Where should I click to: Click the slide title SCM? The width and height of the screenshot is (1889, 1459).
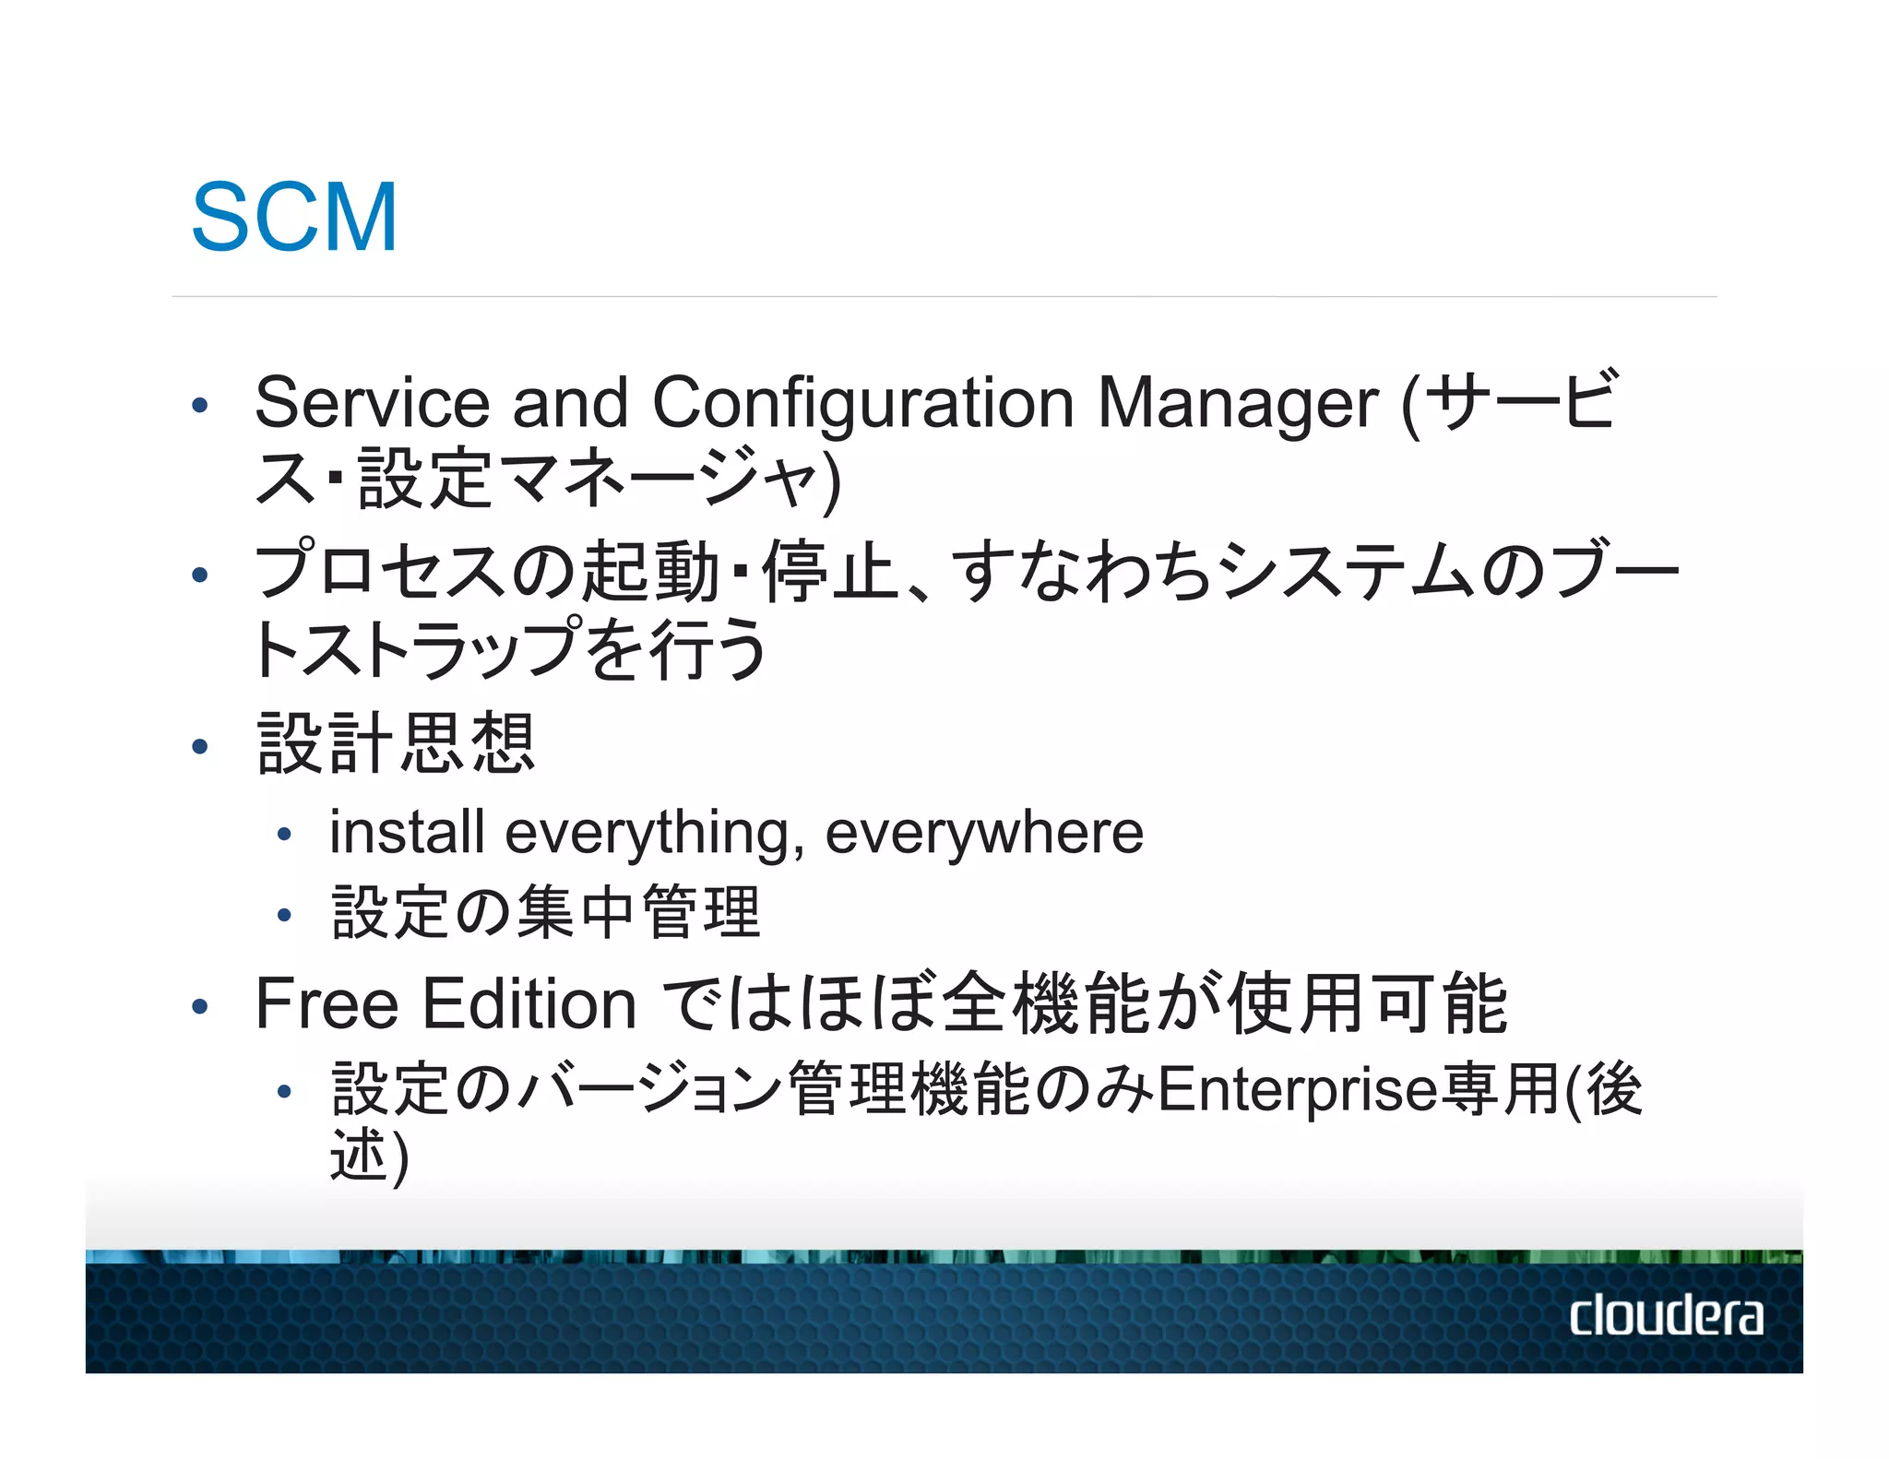click(294, 218)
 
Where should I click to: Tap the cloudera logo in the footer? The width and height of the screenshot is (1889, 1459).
click(1666, 1315)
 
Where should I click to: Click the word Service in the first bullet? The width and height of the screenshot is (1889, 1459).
click(371, 403)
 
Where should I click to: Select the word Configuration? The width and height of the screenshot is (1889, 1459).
click(863, 403)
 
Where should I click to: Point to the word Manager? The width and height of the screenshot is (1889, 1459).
click(1238, 403)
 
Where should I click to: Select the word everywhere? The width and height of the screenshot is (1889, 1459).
click(984, 832)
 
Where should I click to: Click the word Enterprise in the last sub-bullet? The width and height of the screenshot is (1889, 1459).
click(1297, 1089)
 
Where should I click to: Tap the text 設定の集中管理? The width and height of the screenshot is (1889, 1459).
click(546, 912)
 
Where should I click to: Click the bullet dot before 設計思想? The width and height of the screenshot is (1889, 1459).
click(200, 745)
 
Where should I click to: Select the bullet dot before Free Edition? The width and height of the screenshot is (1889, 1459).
click(200, 1006)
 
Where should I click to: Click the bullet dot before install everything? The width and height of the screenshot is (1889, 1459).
click(284, 835)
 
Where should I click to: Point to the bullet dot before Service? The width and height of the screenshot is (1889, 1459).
click(200, 405)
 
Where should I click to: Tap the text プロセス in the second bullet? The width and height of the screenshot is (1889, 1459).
click(379, 572)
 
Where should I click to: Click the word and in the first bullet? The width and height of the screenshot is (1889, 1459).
click(570, 403)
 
